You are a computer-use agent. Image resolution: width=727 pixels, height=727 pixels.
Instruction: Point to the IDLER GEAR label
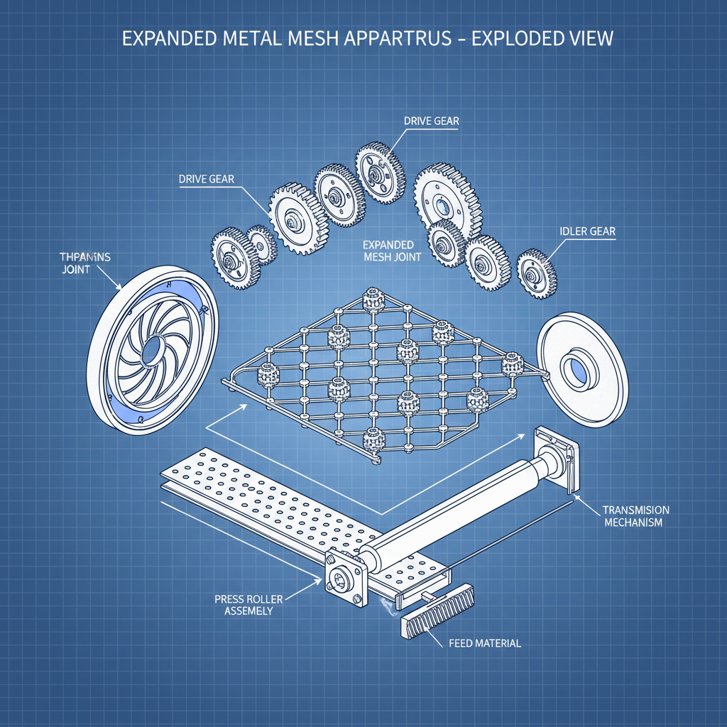tap(586, 231)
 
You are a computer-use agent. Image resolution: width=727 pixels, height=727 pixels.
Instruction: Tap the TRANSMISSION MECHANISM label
tap(635, 516)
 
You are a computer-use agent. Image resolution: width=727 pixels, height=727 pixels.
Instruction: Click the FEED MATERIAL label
tap(485, 643)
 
